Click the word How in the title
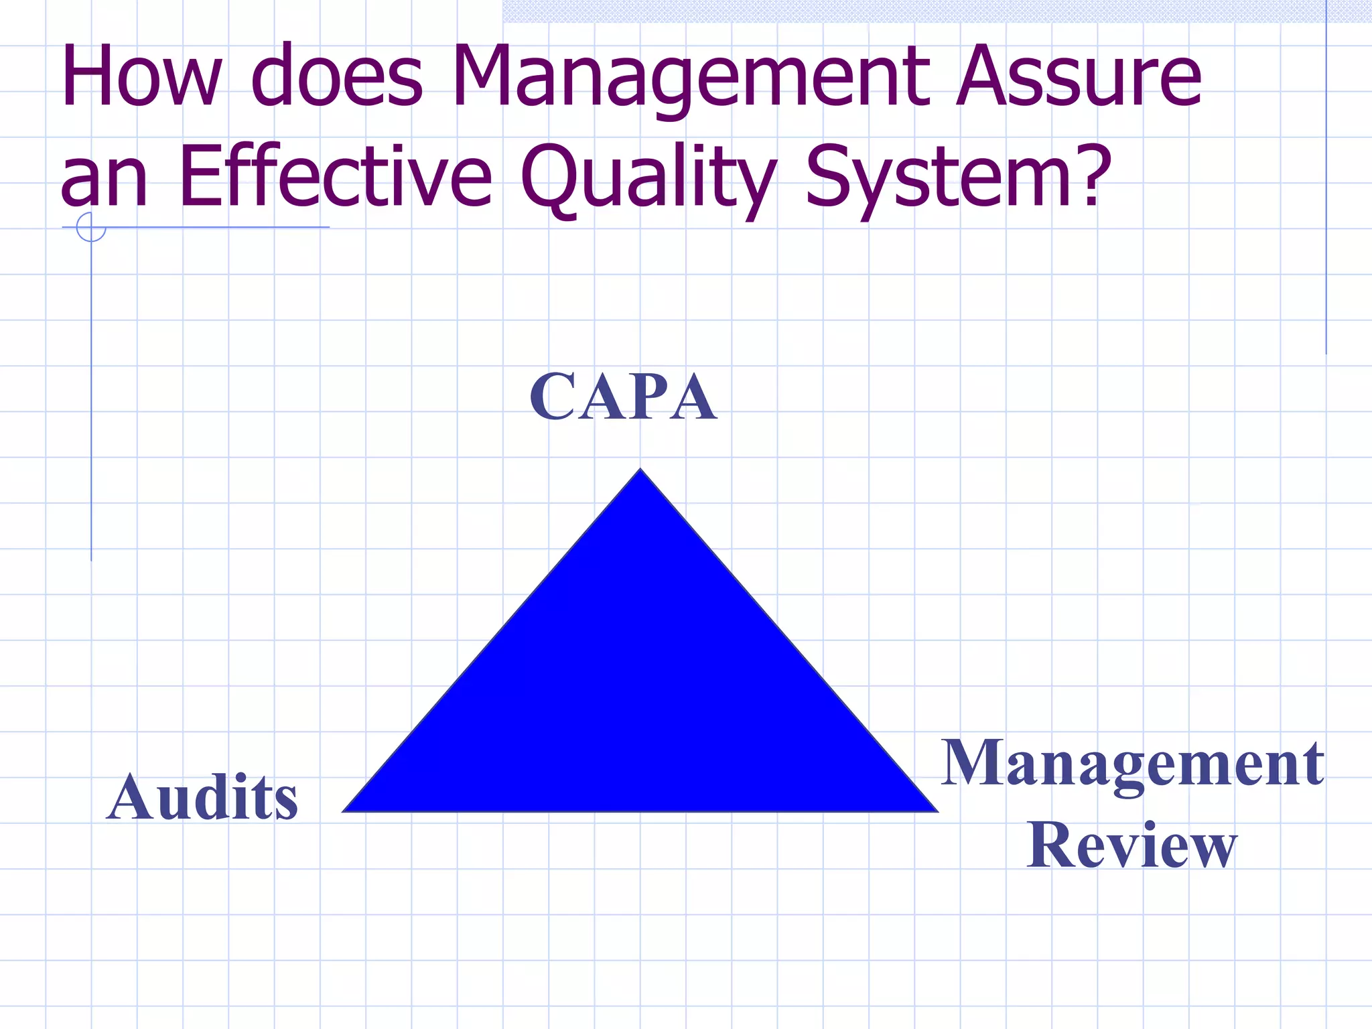(x=141, y=76)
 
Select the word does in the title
(x=337, y=76)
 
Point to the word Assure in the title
(x=1079, y=76)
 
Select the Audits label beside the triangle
(x=202, y=797)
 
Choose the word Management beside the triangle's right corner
(x=1132, y=764)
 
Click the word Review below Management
(x=1132, y=845)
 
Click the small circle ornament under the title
(x=91, y=227)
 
